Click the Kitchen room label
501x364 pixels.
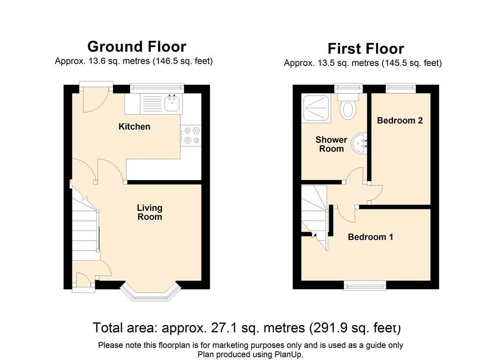[x=134, y=127]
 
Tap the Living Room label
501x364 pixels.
[x=150, y=212]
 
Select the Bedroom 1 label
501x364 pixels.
[x=370, y=237]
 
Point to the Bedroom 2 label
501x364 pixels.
[x=400, y=120]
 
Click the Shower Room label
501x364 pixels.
[x=331, y=144]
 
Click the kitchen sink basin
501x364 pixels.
[x=172, y=103]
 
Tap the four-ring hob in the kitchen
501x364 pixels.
[x=191, y=135]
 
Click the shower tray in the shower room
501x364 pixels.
[x=317, y=108]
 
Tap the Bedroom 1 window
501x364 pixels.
[x=365, y=285]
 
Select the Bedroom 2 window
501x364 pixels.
[x=401, y=88]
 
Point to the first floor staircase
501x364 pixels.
[x=315, y=217]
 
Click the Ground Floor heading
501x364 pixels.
[x=137, y=46]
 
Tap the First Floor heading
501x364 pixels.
[x=366, y=49]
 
